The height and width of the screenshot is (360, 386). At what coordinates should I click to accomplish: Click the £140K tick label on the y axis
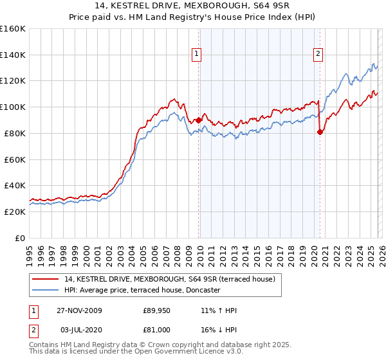13,55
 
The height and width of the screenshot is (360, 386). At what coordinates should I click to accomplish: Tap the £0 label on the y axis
19,238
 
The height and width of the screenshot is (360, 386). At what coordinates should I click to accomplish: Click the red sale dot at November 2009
198,120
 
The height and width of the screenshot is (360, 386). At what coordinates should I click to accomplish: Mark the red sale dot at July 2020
320,132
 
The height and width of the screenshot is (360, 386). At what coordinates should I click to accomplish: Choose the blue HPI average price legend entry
142,290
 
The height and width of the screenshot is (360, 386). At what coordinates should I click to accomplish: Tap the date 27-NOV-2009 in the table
79,310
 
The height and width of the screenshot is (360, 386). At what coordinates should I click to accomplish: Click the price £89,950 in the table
157,310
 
